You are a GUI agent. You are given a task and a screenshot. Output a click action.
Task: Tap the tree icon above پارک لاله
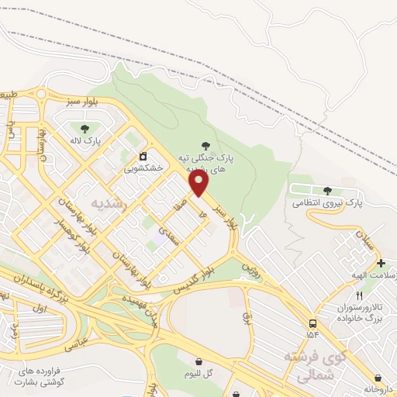coord(84,128)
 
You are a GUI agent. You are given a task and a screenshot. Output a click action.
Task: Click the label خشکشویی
coord(143,167)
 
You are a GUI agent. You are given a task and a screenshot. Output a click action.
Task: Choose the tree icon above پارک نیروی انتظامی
coord(327,190)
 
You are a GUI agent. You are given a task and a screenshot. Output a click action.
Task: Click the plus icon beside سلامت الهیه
coord(380,264)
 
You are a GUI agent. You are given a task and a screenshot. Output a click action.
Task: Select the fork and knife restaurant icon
coord(359,296)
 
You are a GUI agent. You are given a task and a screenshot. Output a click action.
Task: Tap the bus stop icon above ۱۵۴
coord(312,323)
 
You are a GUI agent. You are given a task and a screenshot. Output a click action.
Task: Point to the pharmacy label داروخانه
coord(377,387)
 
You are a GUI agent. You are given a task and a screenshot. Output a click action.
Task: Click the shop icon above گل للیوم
coord(199,361)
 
